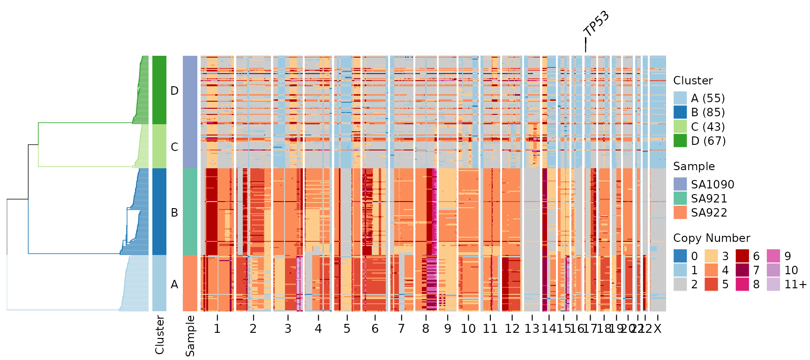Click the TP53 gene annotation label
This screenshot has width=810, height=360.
tap(596, 23)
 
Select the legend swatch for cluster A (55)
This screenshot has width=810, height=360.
tap(680, 98)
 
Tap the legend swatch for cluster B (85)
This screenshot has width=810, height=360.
tap(680, 112)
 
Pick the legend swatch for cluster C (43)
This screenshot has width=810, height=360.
tap(680, 127)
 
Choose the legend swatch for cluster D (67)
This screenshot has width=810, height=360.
tap(680, 141)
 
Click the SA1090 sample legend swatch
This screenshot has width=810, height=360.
tap(680, 184)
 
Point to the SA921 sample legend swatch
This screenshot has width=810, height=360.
tap(680, 198)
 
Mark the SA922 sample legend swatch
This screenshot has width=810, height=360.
tap(680, 212)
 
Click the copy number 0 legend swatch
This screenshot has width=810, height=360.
tap(680, 256)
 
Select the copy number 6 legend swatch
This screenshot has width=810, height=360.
tap(742, 256)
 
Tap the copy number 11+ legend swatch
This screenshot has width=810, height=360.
tap(773, 284)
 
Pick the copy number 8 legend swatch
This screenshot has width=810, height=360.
tap(742, 284)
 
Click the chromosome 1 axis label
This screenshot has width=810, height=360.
tap(217, 329)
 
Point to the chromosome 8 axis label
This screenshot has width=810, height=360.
tap(426, 329)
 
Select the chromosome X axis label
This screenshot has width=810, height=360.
tap(658, 329)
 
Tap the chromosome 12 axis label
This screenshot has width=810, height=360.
tap(512, 329)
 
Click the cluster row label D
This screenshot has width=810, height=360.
tap(174, 90)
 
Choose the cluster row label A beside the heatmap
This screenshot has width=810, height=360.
tap(174, 284)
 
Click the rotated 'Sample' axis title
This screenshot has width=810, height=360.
tap(190, 336)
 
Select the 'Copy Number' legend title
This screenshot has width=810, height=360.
tap(712, 238)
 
